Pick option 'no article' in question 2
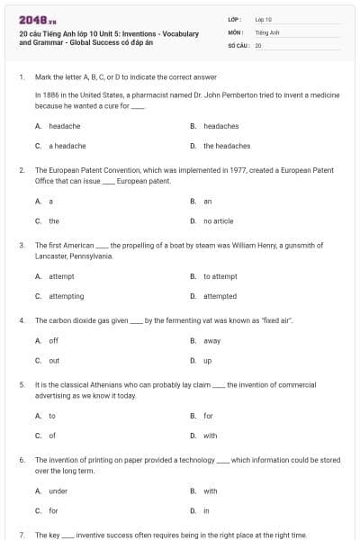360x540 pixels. pos(218,220)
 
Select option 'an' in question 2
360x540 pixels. pos(207,202)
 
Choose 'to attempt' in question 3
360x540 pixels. pos(220,276)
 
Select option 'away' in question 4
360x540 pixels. pos(211,341)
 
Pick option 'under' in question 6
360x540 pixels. pos(58,491)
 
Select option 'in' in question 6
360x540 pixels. pos(206,510)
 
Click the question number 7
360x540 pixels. pos(21,535)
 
